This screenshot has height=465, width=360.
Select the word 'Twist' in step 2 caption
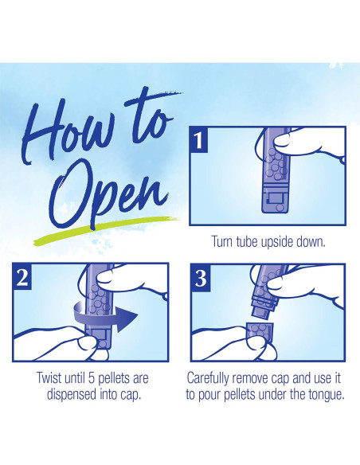pyautogui.click(x=49, y=378)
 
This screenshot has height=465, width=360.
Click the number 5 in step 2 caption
pyautogui.click(x=92, y=378)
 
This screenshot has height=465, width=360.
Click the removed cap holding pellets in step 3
pyautogui.click(x=260, y=331)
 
